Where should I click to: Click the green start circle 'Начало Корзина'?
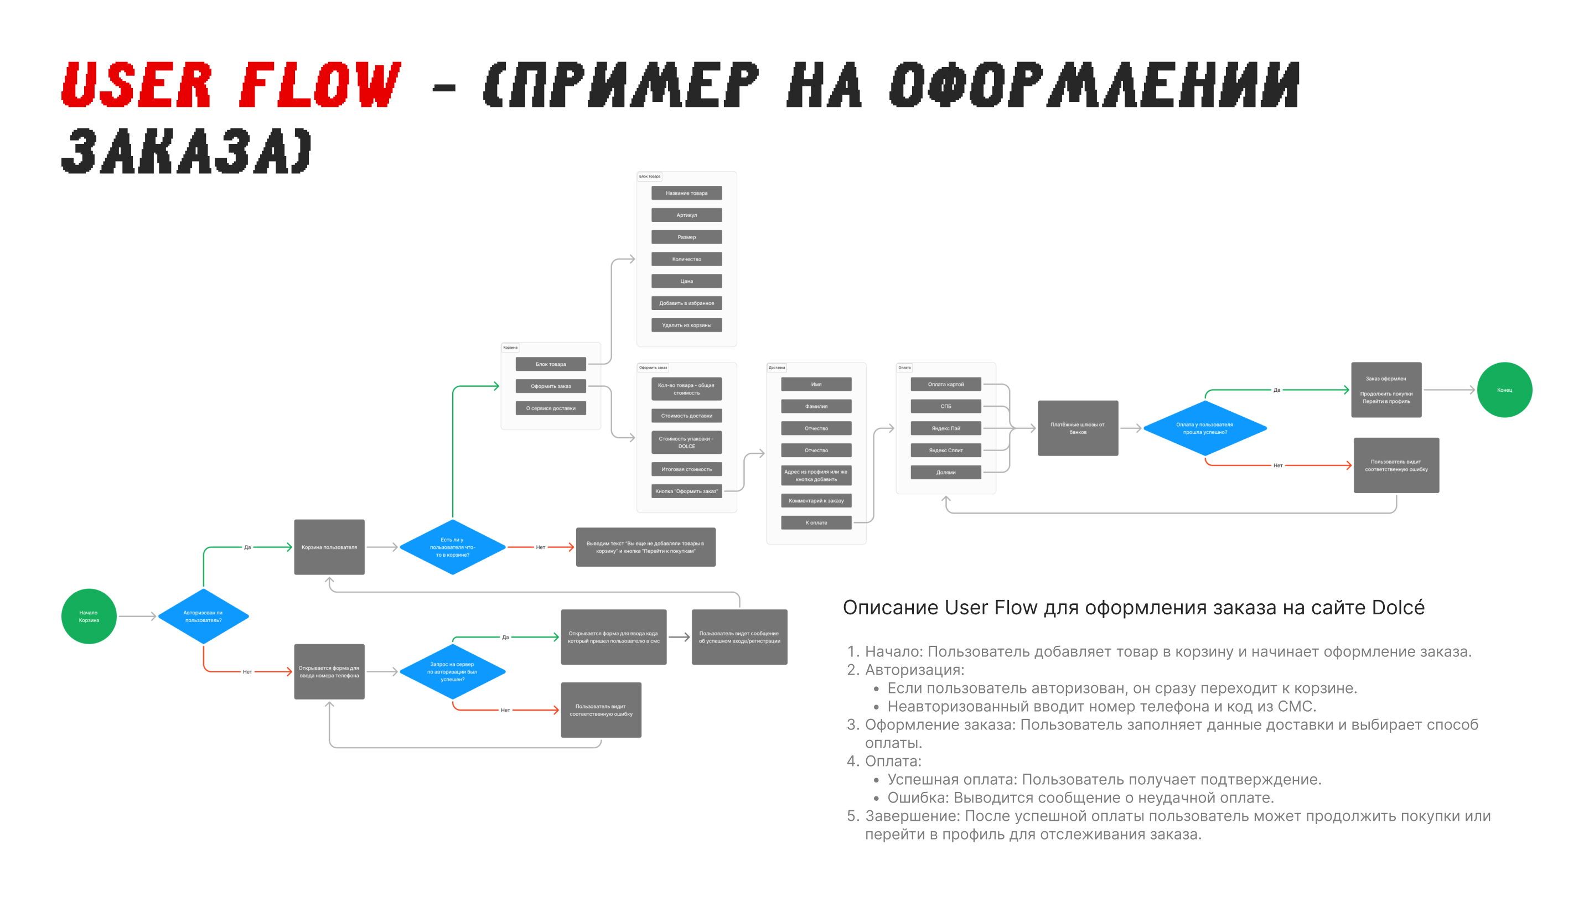pos(89,617)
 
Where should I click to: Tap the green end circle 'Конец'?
pos(1504,390)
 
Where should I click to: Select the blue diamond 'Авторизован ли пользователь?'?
pos(204,617)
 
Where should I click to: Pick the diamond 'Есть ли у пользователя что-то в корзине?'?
pos(452,547)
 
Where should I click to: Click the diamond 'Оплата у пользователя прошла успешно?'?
pos(1205,428)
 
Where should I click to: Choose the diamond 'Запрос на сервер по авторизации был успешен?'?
pos(452,671)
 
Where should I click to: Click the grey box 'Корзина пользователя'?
pos(329,547)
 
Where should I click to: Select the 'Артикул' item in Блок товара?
pos(686,215)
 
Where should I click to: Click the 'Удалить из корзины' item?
pos(686,325)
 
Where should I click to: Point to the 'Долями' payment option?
pos(945,472)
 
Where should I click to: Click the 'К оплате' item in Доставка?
pos(816,523)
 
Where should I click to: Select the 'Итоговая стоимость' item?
pos(686,469)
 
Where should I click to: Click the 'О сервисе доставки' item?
pos(551,408)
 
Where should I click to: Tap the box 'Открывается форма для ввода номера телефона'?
pos(329,671)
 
